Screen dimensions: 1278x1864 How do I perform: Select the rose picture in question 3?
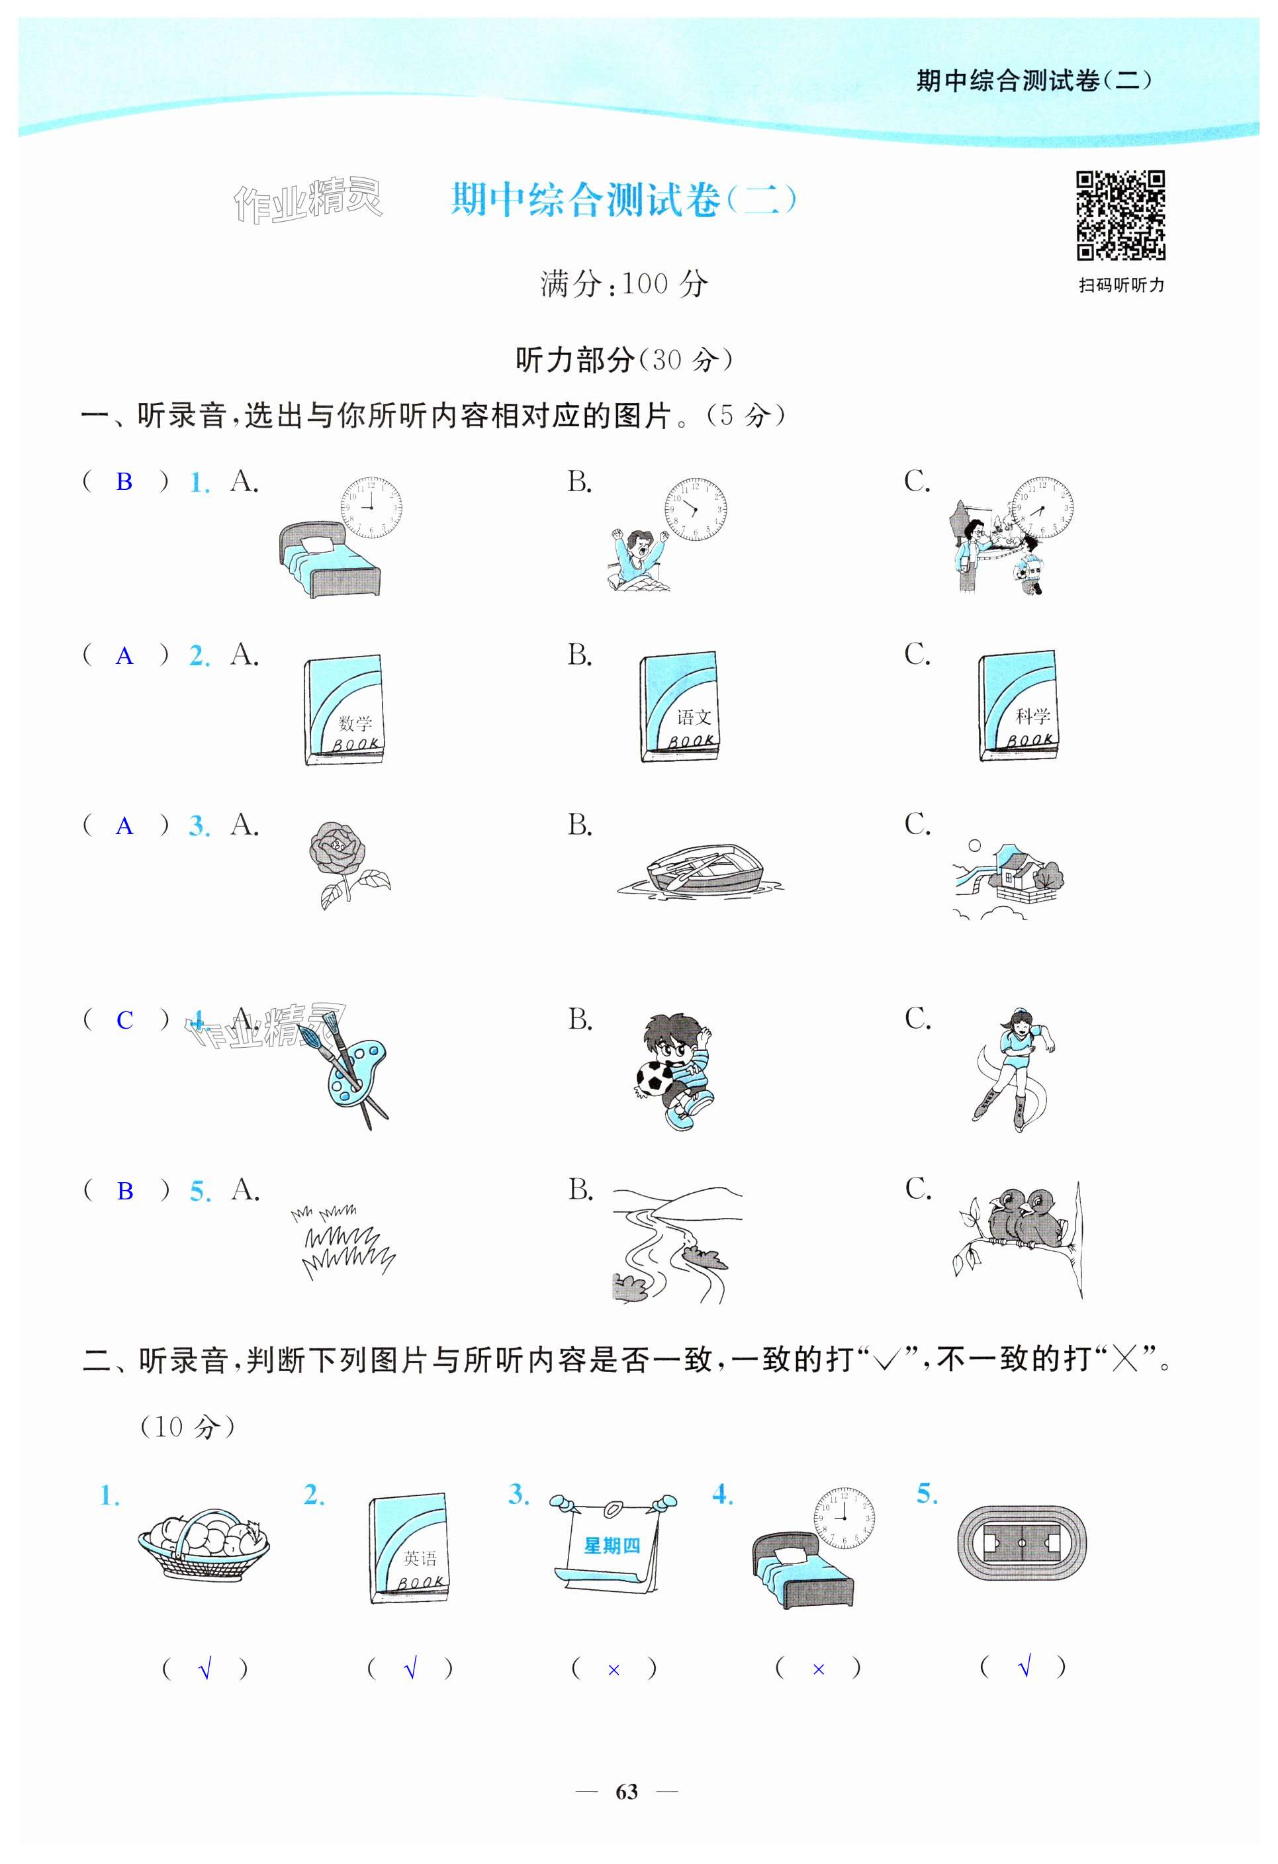point(349,864)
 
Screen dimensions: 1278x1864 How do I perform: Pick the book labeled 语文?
point(679,707)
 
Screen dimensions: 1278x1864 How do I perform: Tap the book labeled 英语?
point(409,1548)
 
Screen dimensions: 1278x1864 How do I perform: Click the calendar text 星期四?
point(612,1546)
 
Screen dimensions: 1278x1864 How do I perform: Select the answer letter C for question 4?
point(124,1020)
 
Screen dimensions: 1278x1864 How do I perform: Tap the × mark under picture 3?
point(614,1670)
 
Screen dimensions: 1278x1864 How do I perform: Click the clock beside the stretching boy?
point(695,508)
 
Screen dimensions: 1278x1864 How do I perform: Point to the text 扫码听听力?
point(1121,285)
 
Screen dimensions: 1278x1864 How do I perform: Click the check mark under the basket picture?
point(205,1669)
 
